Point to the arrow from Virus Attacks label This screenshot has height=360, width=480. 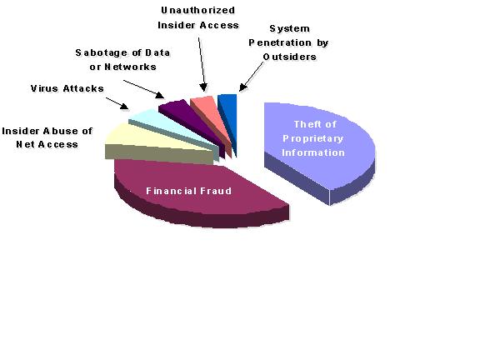click(x=117, y=103)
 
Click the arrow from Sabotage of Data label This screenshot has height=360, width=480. click(x=144, y=89)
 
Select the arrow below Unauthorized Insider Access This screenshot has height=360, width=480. click(x=202, y=64)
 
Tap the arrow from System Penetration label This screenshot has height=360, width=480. click(x=251, y=77)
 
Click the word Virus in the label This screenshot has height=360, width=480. click(x=44, y=88)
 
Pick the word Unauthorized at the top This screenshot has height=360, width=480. click(x=198, y=10)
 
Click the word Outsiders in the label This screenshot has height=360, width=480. click(x=290, y=57)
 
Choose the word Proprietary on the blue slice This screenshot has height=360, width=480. click(x=312, y=138)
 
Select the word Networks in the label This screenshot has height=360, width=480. click(x=130, y=67)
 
